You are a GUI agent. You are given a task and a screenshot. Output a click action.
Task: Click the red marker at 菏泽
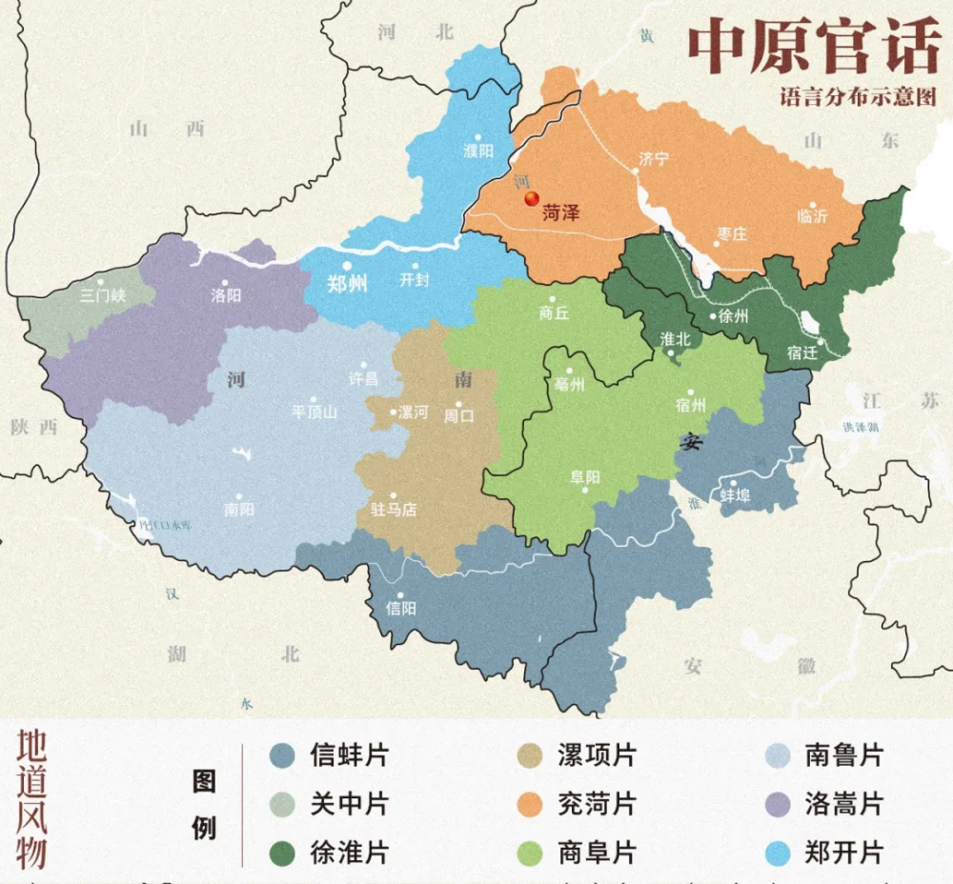click(x=532, y=198)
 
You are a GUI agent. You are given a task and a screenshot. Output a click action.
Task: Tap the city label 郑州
click(x=347, y=284)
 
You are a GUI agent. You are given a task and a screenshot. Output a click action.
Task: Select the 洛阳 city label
click(x=226, y=295)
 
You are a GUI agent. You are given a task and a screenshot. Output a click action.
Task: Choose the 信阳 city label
click(x=400, y=608)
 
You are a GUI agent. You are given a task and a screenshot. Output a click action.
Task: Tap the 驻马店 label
click(x=394, y=510)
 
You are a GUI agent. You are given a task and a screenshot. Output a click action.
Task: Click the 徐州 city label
click(x=734, y=316)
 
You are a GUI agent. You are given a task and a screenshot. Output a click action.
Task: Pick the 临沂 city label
click(x=812, y=216)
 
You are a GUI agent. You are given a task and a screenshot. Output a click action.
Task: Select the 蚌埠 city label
click(x=734, y=495)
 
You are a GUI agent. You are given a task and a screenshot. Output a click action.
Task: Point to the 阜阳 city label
click(x=585, y=477)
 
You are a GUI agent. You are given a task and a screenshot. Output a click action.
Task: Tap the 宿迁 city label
click(x=802, y=352)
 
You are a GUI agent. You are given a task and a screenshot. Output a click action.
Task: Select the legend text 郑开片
click(x=843, y=853)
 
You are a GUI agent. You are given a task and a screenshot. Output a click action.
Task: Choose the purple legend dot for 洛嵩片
click(x=779, y=805)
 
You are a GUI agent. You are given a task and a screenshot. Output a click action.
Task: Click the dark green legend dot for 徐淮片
click(x=282, y=853)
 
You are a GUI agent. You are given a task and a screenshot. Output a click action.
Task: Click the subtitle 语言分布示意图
click(x=858, y=97)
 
